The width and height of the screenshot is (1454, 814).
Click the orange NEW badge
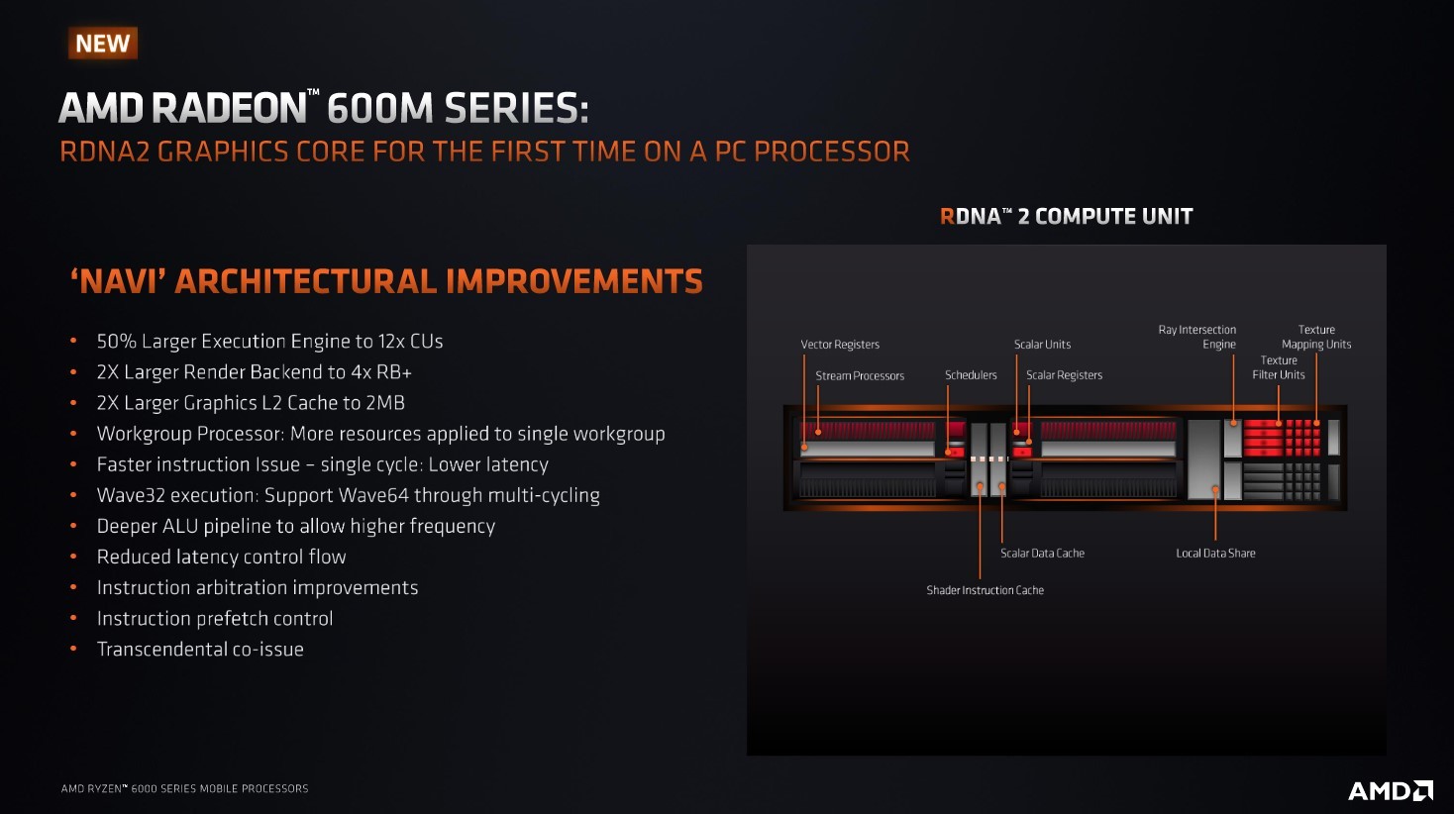pyautogui.click(x=103, y=44)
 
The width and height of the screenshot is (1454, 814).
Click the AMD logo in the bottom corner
pyautogui.click(x=1390, y=790)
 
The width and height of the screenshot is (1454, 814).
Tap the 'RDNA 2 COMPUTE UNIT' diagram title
pyautogui.click(x=1066, y=216)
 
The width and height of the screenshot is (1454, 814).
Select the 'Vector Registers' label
pyautogui.click(x=840, y=345)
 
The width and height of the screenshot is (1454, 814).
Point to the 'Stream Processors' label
pyautogui.click(x=860, y=376)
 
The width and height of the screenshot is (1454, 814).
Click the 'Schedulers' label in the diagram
pyautogui.click(x=971, y=375)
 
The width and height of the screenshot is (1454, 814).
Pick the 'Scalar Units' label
pyautogui.click(x=1042, y=345)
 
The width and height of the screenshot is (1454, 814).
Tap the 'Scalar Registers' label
pyautogui.click(x=1064, y=375)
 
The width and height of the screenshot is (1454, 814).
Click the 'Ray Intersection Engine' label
pyautogui.click(x=1197, y=337)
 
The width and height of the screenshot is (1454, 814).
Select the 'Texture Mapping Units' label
pyautogui.click(x=1316, y=337)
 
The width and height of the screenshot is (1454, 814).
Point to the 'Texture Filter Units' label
pyautogui.click(x=1279, y=367)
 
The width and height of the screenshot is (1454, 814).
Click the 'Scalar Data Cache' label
pyautogui.click(x=1042, y=554)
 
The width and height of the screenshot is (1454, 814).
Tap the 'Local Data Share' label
pyautogui.click(x=1215, y=554)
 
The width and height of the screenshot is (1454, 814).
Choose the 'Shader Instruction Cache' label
pyautogui.click(x=985, y=590)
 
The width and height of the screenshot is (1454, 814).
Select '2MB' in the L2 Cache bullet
pyautogui.click(x=385, y=403)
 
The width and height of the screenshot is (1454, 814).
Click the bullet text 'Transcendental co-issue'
pyautogui.click(x=200, y=650)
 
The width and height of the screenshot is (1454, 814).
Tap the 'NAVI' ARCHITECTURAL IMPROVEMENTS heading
pyautogui.click(x=386, y=282)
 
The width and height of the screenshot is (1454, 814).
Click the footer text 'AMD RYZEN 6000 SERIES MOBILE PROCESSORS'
pyautogui.click(x=185, y=789)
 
